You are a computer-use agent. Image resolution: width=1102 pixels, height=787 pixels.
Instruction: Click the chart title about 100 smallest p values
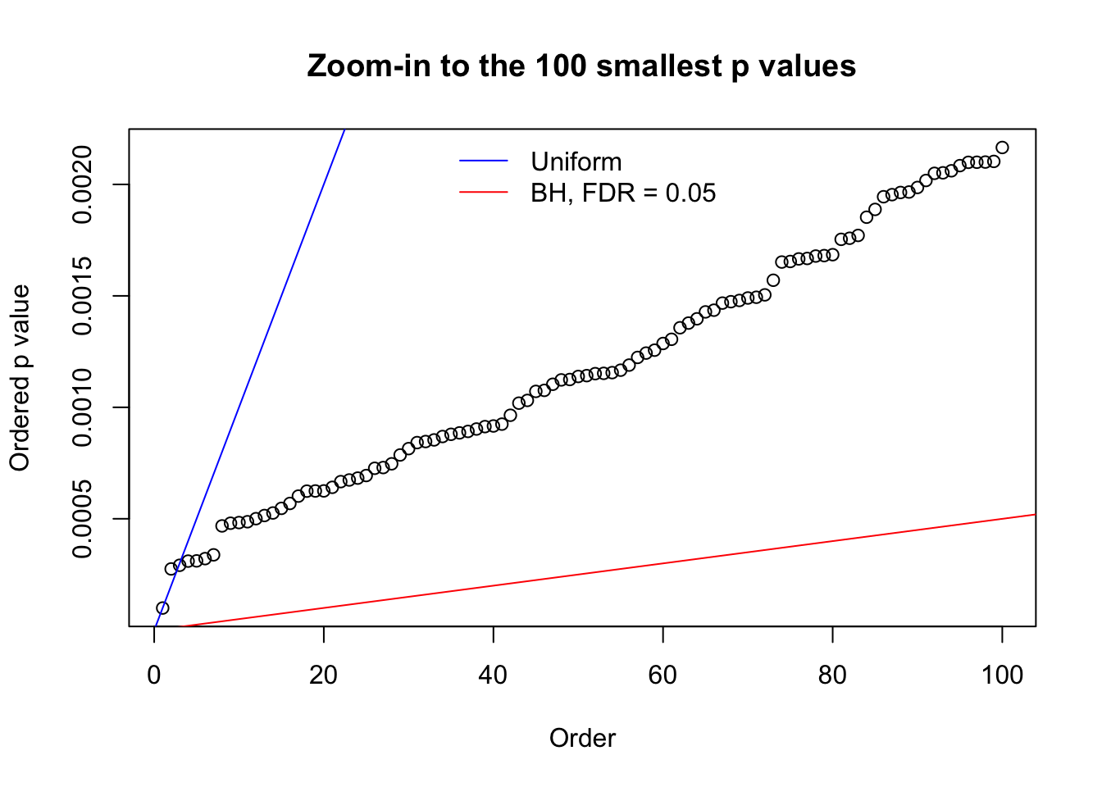[581, 66]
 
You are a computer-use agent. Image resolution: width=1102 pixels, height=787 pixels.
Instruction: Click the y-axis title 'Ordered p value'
[20, 378]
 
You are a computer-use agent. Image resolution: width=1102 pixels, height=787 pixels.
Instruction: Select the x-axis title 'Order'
[582, 738]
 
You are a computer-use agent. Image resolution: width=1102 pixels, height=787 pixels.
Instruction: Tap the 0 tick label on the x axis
[154, 675]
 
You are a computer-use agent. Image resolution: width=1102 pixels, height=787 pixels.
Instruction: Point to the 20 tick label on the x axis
[324, 675]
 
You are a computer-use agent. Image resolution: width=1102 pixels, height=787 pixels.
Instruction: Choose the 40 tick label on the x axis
[493, 675]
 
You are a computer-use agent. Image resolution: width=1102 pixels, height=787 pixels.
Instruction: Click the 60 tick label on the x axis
[663, 675]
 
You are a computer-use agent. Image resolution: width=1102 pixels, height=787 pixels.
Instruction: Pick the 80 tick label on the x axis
[832, 675]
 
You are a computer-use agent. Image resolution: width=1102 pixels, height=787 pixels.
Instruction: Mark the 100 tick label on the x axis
[1002, 675]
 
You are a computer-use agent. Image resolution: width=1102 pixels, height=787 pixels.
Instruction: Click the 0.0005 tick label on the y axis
[83, 519]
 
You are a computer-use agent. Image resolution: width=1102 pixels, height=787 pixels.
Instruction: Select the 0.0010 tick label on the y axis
[83, 407]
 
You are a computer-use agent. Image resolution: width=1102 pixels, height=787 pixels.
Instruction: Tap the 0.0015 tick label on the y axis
[83, 296]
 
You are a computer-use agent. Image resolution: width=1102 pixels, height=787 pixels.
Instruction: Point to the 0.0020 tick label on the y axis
[83, 184]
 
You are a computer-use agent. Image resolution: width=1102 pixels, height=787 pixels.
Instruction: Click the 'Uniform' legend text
[576, 161]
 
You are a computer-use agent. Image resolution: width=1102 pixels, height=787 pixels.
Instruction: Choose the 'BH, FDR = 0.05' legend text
[623, 193]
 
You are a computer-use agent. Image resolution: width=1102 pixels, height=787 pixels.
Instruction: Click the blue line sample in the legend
[484, 161]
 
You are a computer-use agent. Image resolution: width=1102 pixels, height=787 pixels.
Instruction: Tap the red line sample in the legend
[484, 193]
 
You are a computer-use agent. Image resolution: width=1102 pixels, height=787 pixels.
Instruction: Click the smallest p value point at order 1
[162, 607]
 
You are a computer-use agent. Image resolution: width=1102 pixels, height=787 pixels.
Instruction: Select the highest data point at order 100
[1002, 148]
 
